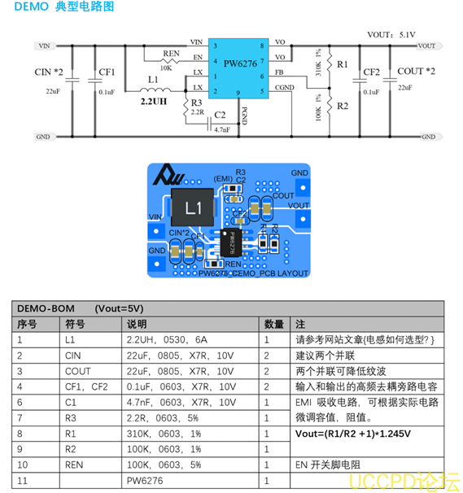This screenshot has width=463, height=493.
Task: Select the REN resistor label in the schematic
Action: (170, 54)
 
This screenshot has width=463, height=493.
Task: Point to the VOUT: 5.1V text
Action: (391, 35)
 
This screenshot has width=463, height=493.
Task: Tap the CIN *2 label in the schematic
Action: (49, 72)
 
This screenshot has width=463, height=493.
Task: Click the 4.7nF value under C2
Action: (221, 129)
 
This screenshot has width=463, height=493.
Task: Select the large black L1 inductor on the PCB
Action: (193, 208)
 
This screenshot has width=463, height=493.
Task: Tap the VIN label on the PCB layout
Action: (155, 216)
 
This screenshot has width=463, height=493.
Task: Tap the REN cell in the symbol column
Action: (75, 465)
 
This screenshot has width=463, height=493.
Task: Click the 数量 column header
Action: (274, 324)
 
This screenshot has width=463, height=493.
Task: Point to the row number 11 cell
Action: (24, 480)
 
